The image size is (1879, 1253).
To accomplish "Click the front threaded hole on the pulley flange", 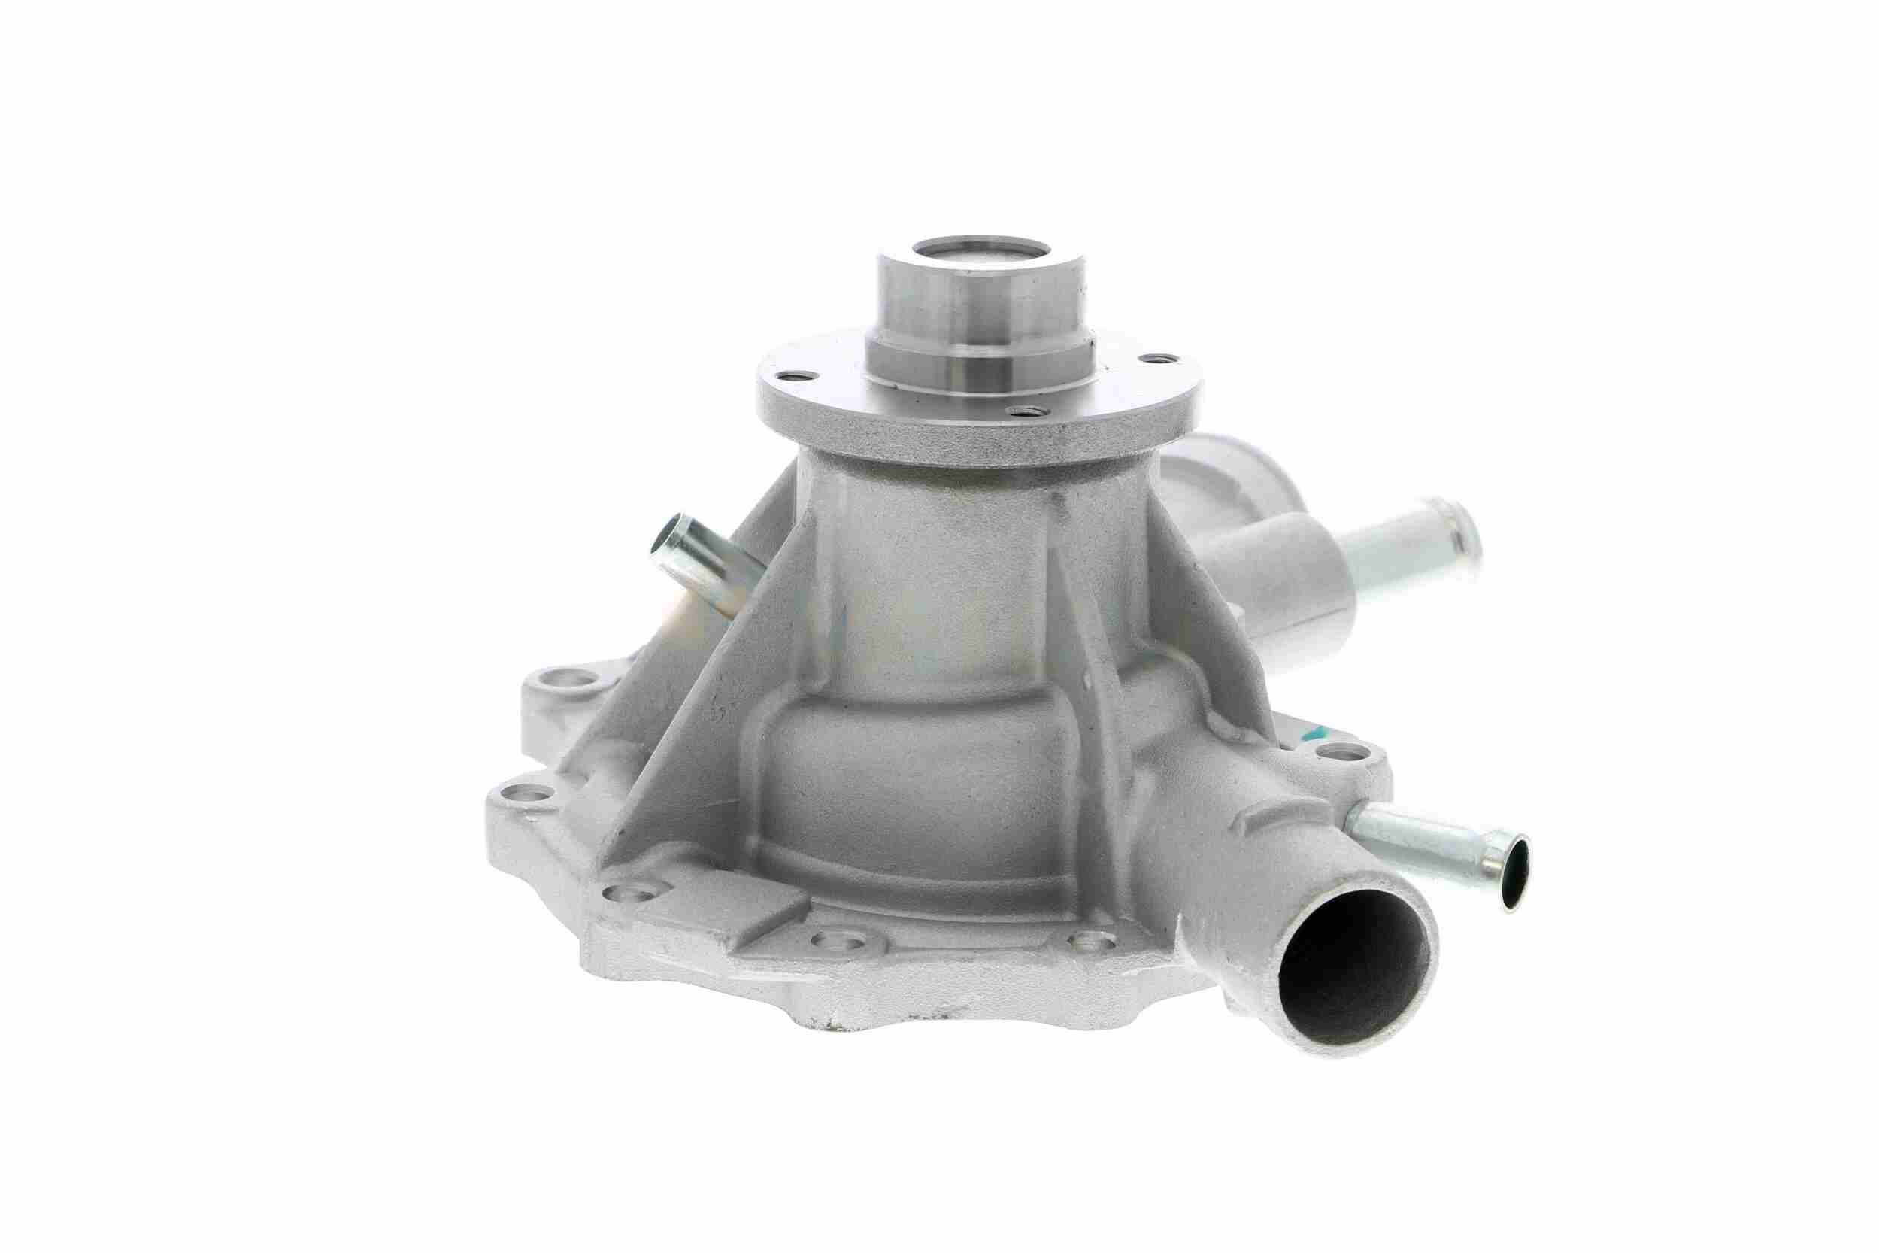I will click(1020, 412).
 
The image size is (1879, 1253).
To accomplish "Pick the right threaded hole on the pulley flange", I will click(1150, 361).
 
